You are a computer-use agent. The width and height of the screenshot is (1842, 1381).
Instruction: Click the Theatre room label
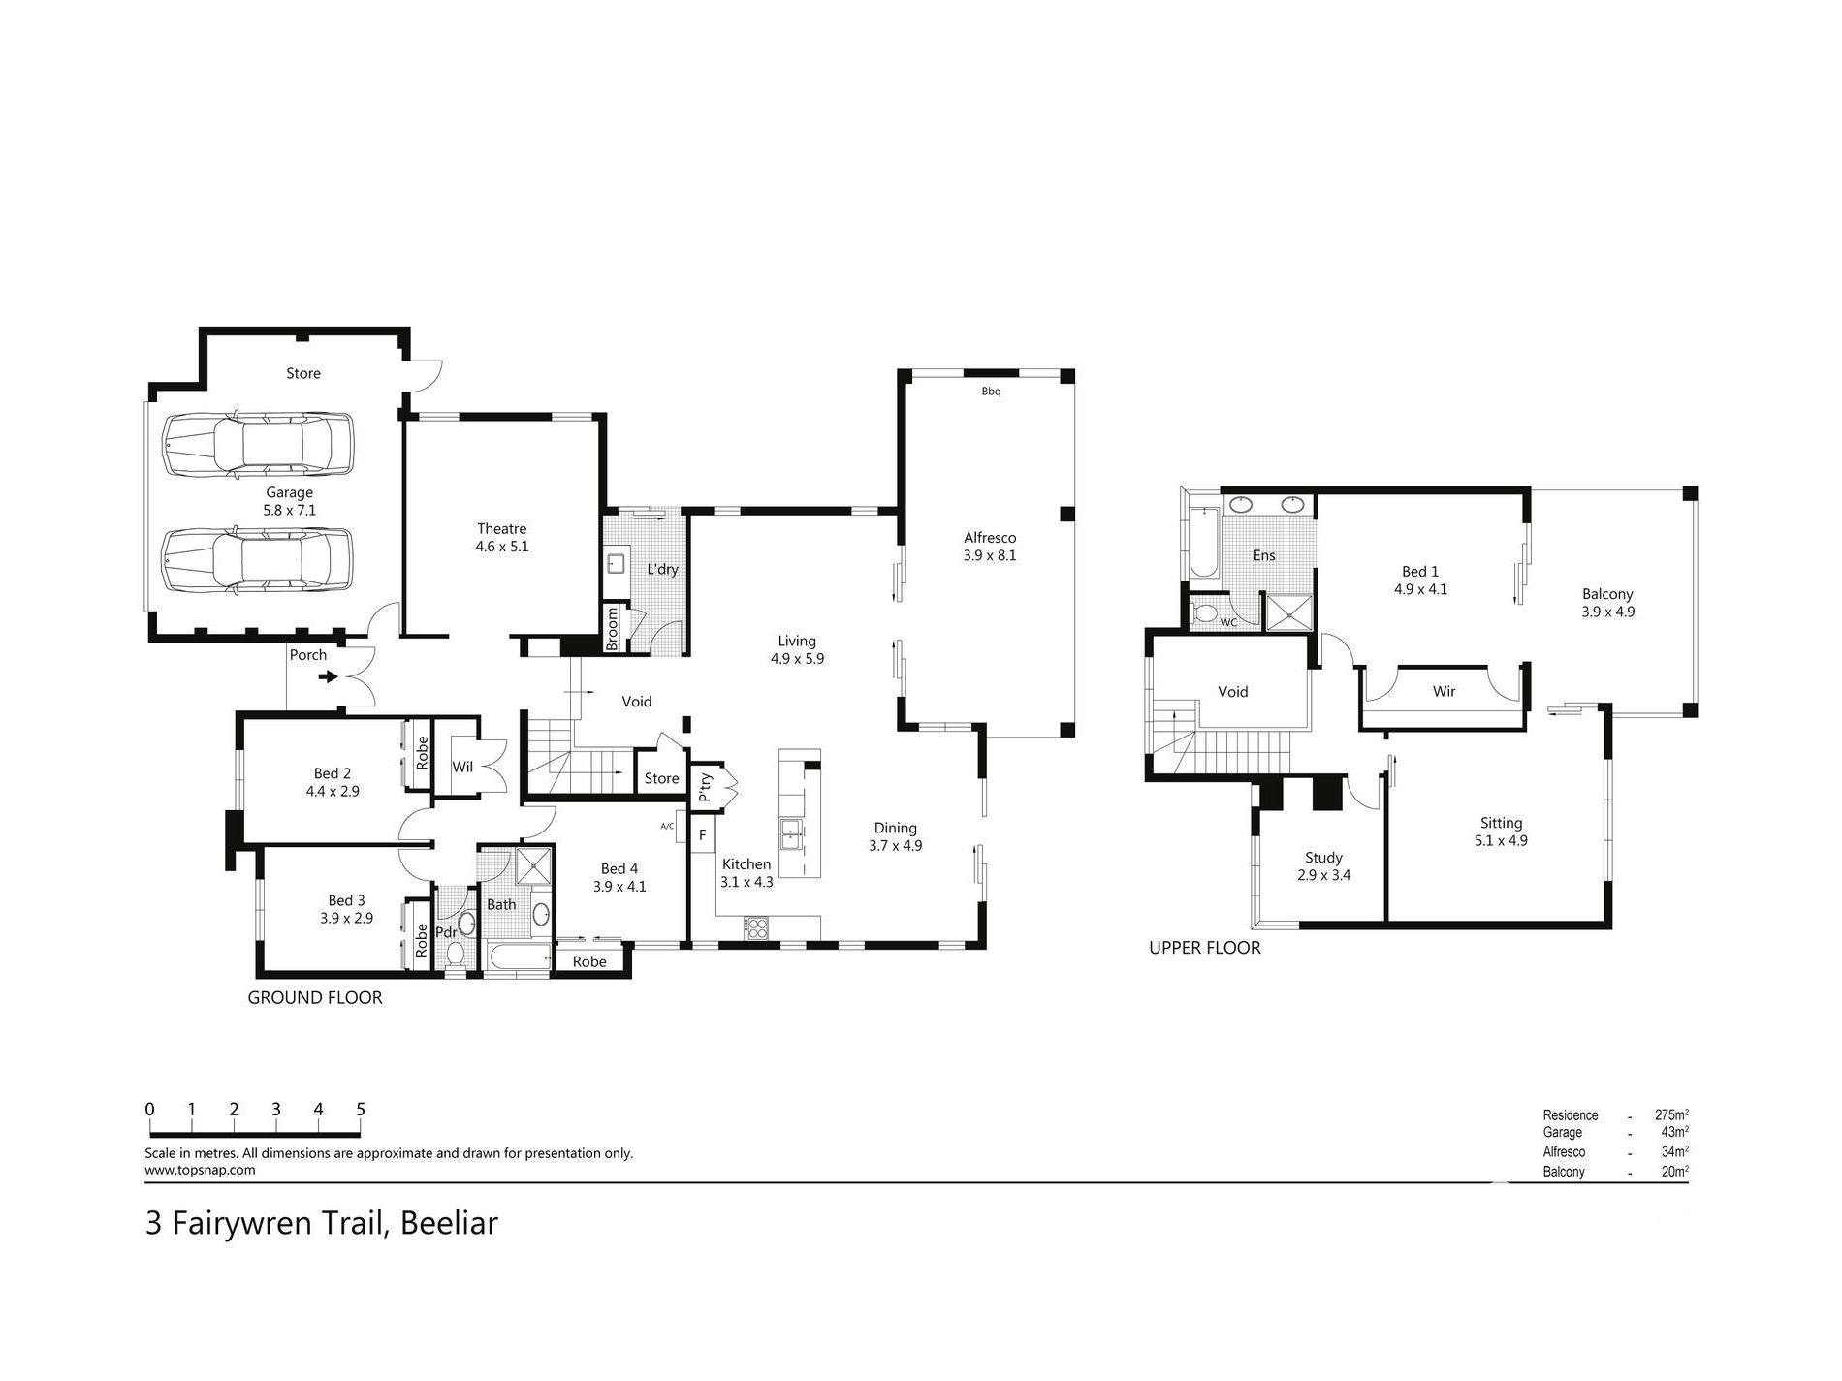pyautogui.click(x=501, y=529)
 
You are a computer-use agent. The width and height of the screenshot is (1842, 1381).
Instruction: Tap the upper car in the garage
pyautogui.click(x=258, y=445)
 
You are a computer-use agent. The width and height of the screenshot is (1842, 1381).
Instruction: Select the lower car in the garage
pyautogui.click(x=258, y=560)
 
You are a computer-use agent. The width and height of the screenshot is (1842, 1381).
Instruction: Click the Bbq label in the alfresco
pyautogui.click(x=991, y=392)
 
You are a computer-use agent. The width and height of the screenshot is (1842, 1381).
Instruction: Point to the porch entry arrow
pyautogui.click(x=329, y=676)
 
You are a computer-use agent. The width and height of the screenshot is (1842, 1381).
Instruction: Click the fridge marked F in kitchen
pyautogui.click(x=703, y=834)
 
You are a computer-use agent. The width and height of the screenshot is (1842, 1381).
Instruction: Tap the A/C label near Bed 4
pyautogui.click(x=667, y=826)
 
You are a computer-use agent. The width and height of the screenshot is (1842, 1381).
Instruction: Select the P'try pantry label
pyautogui.click(x=706, y=784)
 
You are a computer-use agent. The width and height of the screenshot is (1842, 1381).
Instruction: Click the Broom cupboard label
pyautogui.click(x=613, y=628)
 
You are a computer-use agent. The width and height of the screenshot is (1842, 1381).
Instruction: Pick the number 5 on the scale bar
pyautogui.click(x=361, y=1110)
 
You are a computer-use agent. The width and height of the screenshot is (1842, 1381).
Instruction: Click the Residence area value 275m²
pyautogui.click(x=1671, y=1115)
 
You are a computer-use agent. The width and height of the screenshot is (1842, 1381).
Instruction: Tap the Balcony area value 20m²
pyautogui.click(x=1674, y=1172)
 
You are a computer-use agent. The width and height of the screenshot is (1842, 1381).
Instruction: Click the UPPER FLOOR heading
pyautogui.click(x=1204, y=948)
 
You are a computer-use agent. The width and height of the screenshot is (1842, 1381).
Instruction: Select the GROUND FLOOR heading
pyautogui.click(x=315, y=997)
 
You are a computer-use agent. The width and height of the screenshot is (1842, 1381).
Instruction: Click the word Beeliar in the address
pyautogui.click(x=449, y=1223)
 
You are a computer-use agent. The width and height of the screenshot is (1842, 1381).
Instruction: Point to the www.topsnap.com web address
pyautogui.click(x=200, y=1170)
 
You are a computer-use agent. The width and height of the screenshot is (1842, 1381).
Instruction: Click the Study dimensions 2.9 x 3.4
pyautogui.click(x=1323, y=875)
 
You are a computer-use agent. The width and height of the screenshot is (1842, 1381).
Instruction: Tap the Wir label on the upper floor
pyautogui.click(x=1444, y=691)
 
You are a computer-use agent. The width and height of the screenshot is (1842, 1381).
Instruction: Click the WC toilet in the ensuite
pyautogui.click(x=1207, y=613)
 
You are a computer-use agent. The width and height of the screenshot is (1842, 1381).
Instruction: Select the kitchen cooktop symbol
pyautogui.click(x=755, y=927)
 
